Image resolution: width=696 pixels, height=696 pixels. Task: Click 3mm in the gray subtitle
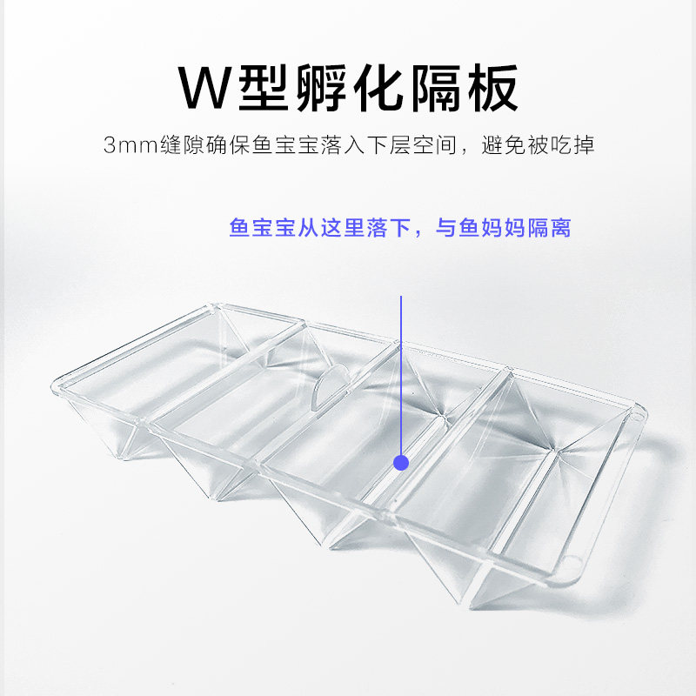(x=130, y=145)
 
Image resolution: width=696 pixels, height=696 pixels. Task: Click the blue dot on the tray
(x=400, y=462)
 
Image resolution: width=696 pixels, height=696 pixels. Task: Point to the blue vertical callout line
(x=400, y=374)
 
